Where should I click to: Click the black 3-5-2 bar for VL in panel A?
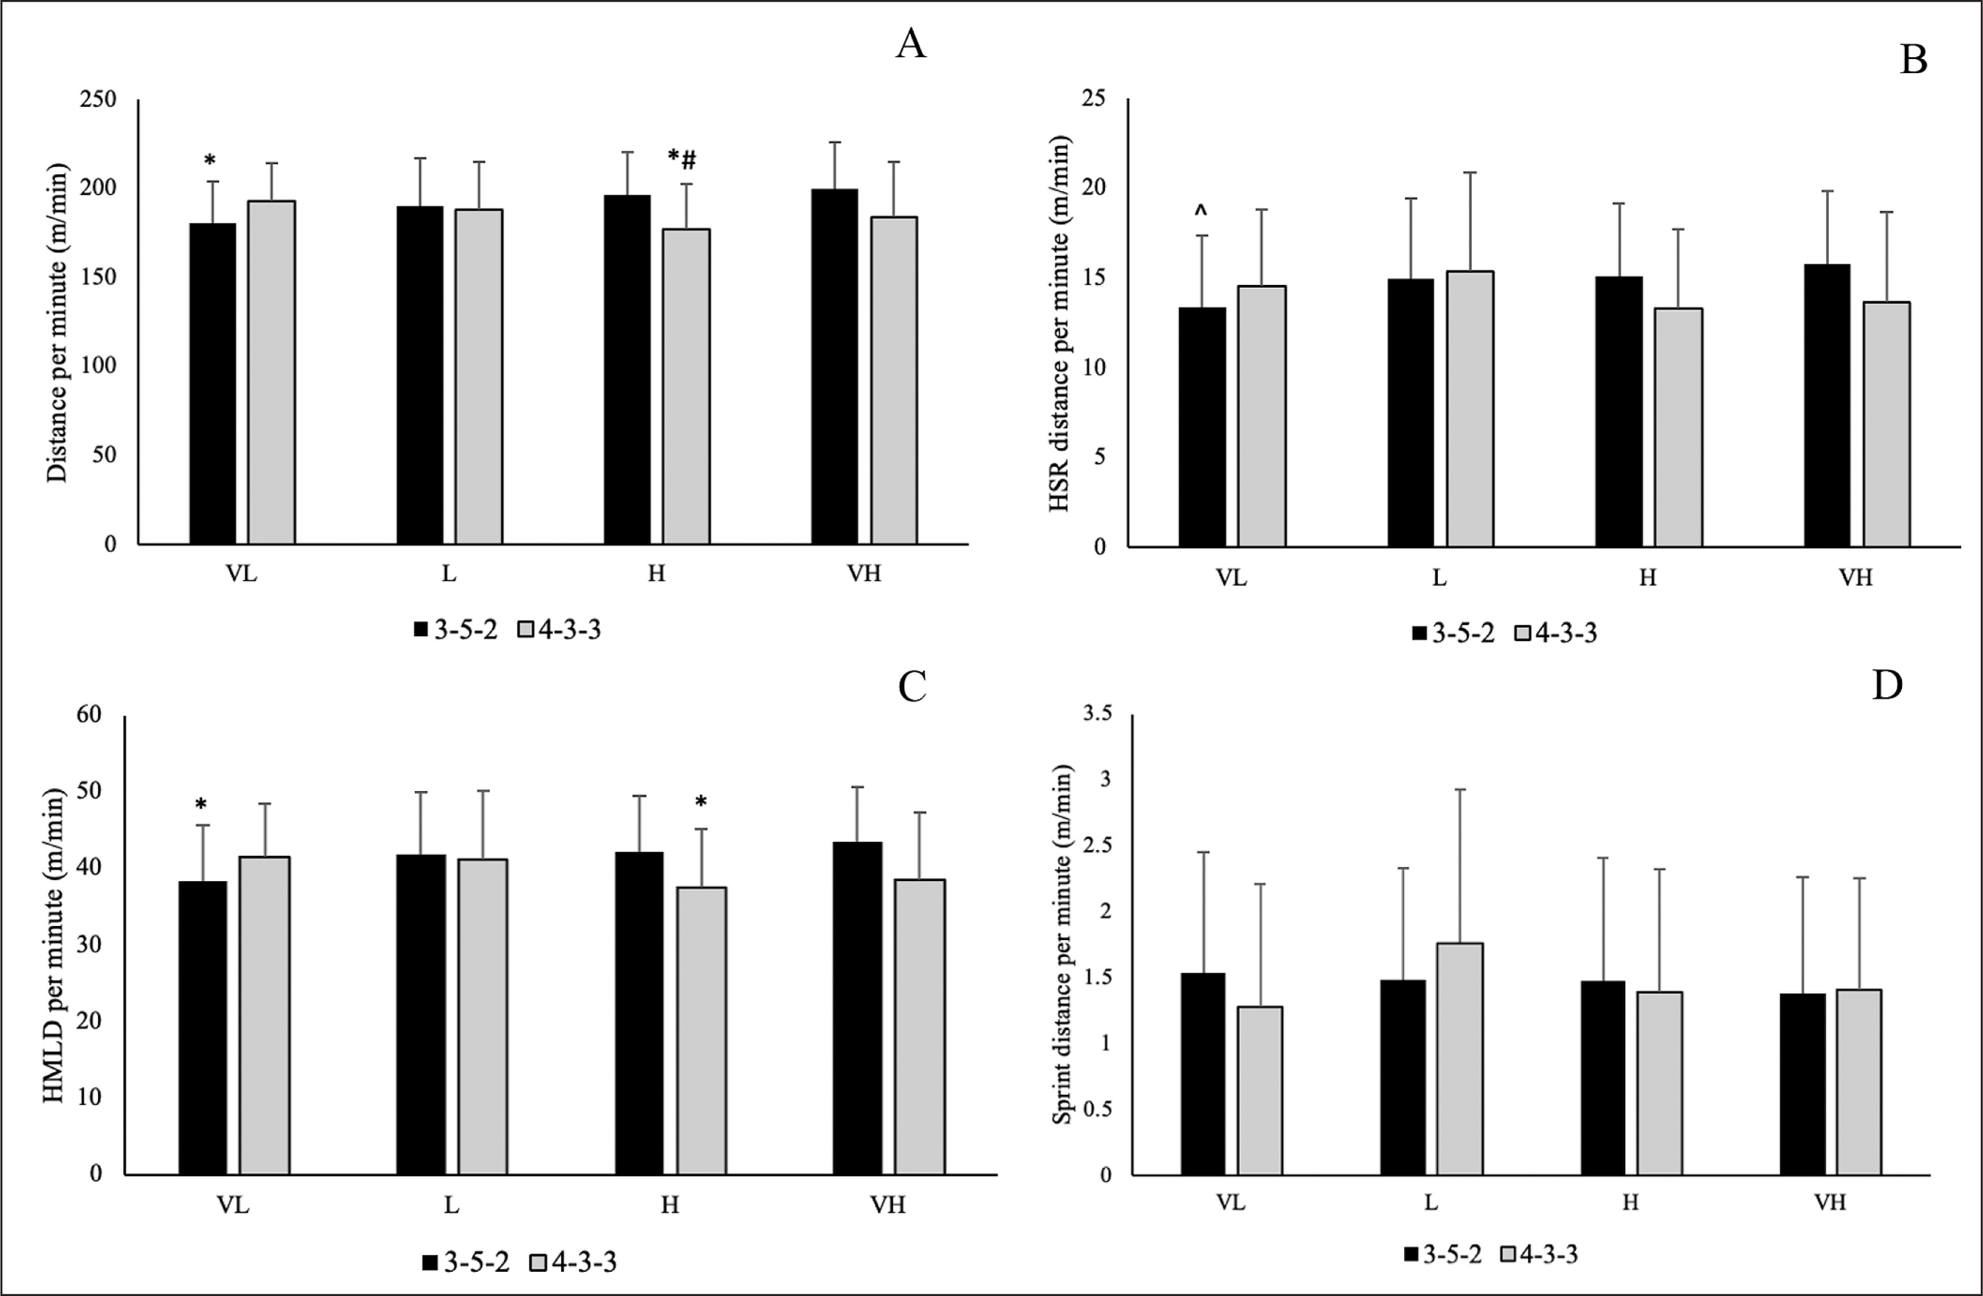tap(213, 383)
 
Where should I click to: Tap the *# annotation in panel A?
tap(682, 158)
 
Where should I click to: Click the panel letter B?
tap(1913, 60)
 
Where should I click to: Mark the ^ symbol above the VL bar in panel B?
tap(1200, 211)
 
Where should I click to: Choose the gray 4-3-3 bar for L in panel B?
tap(1470, 408)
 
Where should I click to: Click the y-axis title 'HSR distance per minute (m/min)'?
tap(1060, 325)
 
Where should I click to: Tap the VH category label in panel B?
tap(1855, 578)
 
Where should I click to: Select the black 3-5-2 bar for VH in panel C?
tap(857, 1008)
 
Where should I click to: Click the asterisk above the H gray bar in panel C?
tap(701, 802)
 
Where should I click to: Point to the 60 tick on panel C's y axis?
tap(88, 715)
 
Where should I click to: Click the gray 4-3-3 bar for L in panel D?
tap(1459, 1058)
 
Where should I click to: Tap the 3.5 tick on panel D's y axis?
tap(1096, 715)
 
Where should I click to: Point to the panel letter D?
tap(1887, 685)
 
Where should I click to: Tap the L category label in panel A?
tap(449, 575)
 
